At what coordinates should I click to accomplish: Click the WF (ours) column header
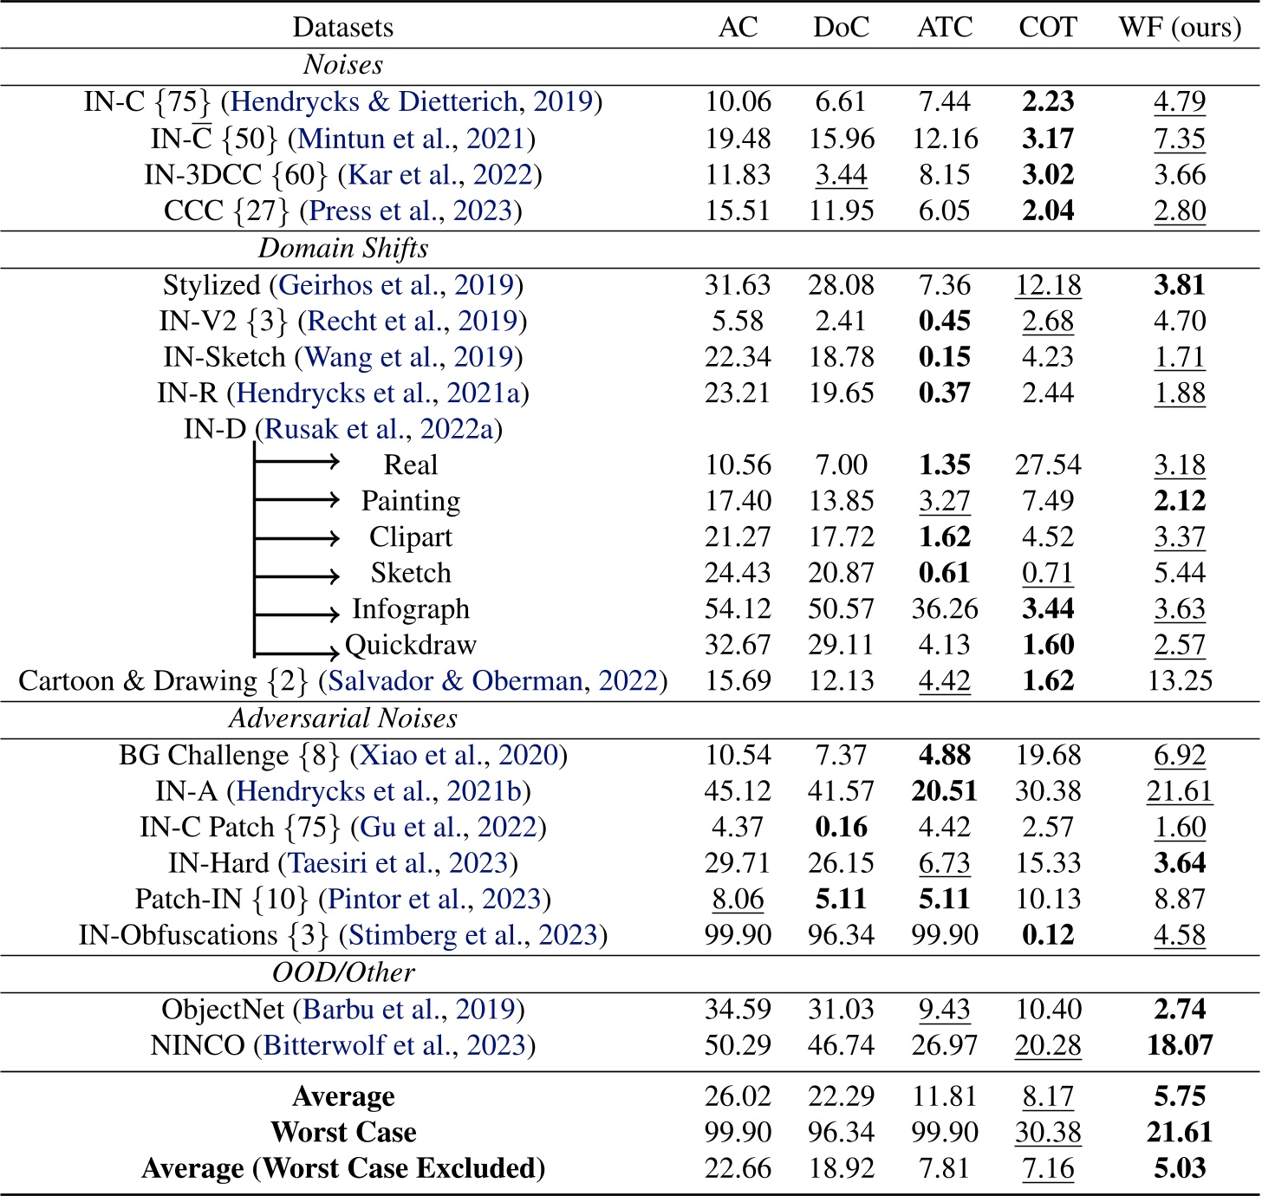pyautogui.click(x=1180, y=27)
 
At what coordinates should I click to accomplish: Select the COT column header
pyautogui.click(x=1048, y=27)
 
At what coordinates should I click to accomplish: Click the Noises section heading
pyautogui.click(x=343, y=65)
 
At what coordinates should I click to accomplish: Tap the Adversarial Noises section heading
pyautogui.click(x=343, y=718)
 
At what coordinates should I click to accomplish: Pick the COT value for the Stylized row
pyautogui.click(x=1048, y=285)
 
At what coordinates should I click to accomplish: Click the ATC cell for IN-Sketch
pyautogui.click(x=945, y=357)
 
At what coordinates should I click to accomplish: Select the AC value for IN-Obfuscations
pyautogui.click(x=738, y=935)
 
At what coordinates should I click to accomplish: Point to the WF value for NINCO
pyautogui.click(x=1180, y=1045)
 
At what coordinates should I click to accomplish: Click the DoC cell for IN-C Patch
pyautogui.click(x=841, y=827)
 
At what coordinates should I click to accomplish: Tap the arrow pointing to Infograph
pyautogui.click(x=297, y=613)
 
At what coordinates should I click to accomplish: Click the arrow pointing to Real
pyautogui.click(x=297, y=463)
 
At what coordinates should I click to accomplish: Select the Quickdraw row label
pyautogui.click(x=411, y=645)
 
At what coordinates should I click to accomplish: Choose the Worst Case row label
pyautogui.click(x=343, y=1132)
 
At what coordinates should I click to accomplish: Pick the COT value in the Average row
pyautogui.click(x=1048, y=1096)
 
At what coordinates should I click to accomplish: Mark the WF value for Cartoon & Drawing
pyautogui.click(x=1180, y=681)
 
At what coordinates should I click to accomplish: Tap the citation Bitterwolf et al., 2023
pyautogui.click(x=394, y=1045)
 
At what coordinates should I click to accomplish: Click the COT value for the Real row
pyautogui.click(x=1048, y=465)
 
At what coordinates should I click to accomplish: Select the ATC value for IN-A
pyautogui.click(x=945, y=791)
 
